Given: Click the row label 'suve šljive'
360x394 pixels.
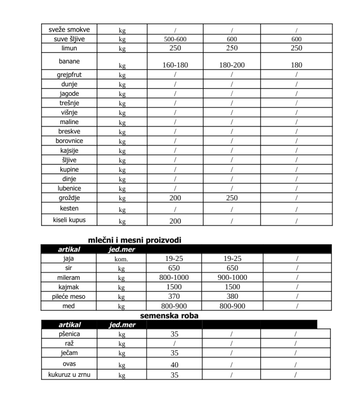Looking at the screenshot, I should coord(69,39).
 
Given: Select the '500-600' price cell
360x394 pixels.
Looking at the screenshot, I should coord(175,39).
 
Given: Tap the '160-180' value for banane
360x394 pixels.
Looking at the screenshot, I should coord(175,65).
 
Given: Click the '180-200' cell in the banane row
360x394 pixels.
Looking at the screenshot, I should coord(232,65).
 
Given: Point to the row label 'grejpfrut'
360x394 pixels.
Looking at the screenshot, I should coord(69,75).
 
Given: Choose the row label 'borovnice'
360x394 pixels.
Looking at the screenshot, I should coord(69,141).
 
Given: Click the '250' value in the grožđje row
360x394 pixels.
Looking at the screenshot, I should coord(232,198).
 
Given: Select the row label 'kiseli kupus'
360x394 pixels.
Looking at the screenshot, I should coord(69,220).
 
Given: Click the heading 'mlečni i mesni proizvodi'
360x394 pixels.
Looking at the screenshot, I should coord(134,240).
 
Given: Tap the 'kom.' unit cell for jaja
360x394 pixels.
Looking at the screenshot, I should coord(121,259).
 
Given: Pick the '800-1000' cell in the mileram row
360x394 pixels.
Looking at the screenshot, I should coord(174,277).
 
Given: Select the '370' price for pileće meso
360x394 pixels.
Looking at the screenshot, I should coord(174,296).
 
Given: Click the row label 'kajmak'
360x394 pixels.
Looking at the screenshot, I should coord(69,287).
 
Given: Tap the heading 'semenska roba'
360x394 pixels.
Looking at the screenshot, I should coord(169,316).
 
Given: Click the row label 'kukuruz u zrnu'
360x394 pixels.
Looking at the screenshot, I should coord(69,374).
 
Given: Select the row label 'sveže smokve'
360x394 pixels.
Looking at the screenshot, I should coord(69,29).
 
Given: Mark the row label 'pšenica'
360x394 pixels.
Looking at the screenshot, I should coord(69,334).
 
